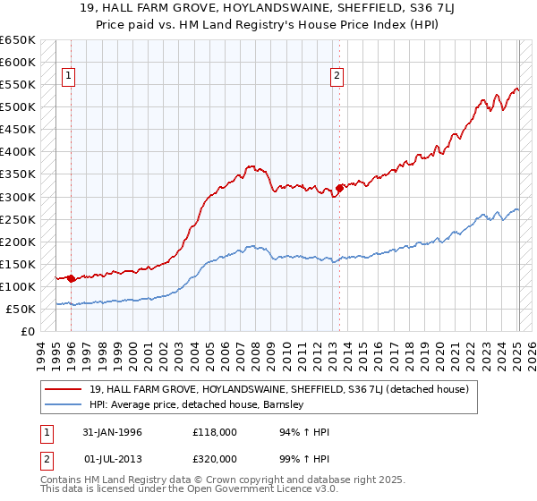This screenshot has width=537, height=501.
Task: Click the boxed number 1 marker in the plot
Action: (x=70, y=77)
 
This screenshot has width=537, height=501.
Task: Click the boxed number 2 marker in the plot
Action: (x=337, y=77)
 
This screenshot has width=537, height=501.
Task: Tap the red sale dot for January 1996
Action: (x=71, y=278)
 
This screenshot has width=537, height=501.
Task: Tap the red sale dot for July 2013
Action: (x=339, y=188)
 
